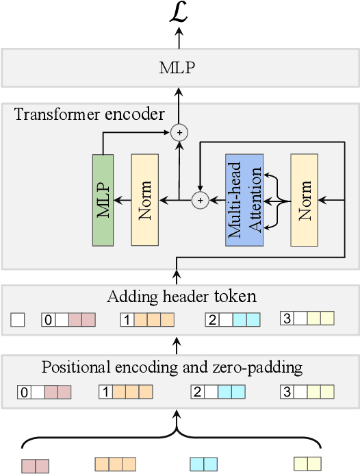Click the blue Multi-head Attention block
pos(244,200)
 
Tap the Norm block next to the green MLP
pos(144,200)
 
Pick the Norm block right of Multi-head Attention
pos(305,200)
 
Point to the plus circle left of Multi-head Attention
pos(200,200)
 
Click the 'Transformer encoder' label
pos(89,114)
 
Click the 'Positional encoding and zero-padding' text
pos(171,367)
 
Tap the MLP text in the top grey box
pos(179,68)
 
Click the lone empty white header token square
pos(18,319)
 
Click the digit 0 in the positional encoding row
pos(25,392)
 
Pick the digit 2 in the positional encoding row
pos(197,392)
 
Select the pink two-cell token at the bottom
pos(35,466)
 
